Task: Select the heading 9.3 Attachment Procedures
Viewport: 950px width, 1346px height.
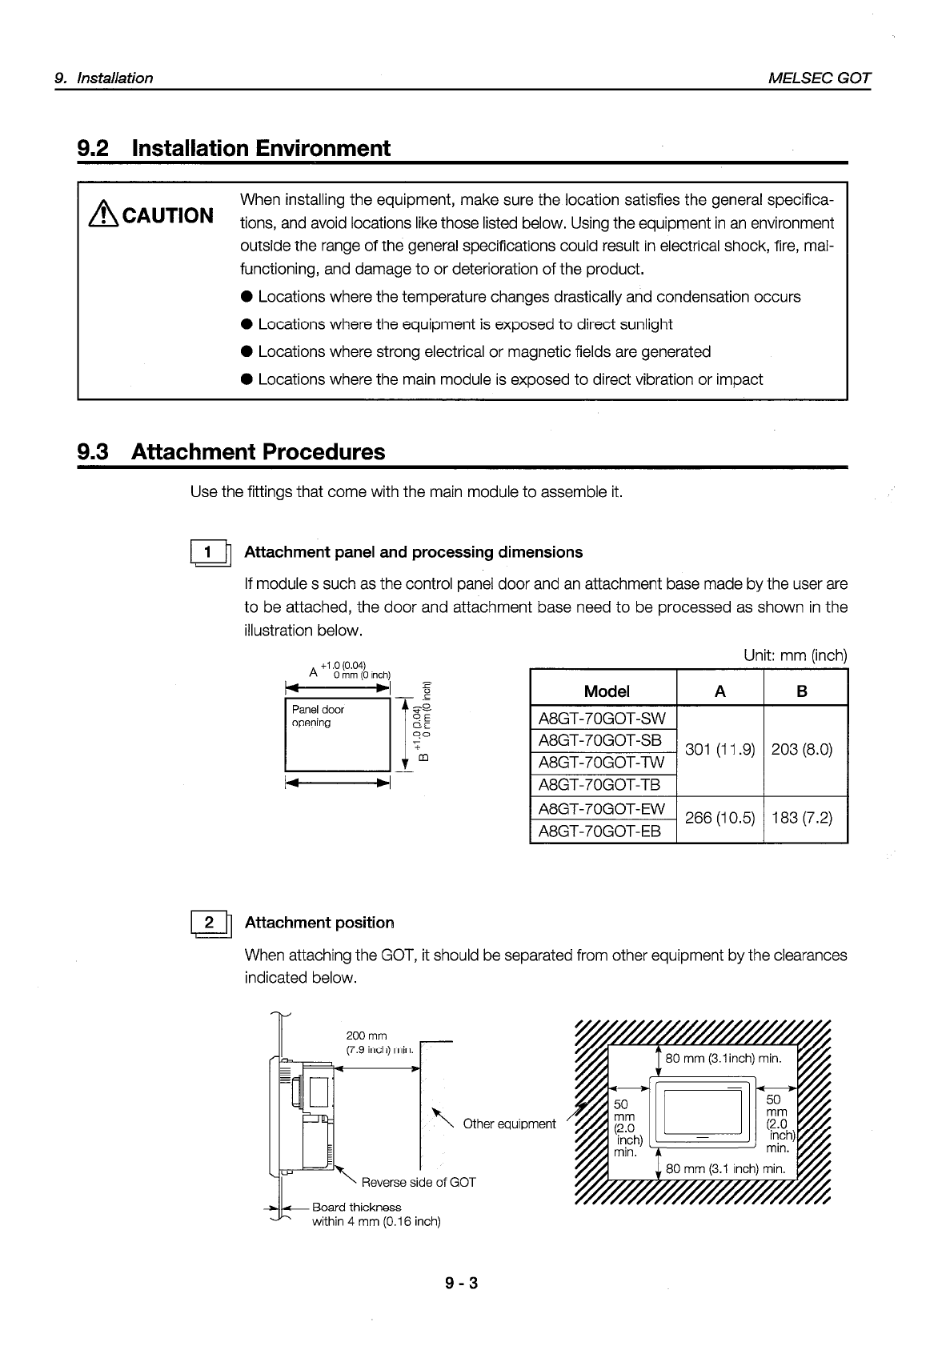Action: [230, 452]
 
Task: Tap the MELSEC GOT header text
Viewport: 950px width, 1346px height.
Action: [819, 78]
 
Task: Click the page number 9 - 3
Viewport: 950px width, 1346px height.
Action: [462, 1284]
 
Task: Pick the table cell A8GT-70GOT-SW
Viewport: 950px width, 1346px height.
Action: [602, 719]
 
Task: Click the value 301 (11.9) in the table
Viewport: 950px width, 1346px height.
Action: [720, 750]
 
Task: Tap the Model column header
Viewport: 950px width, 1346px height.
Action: [607, 691]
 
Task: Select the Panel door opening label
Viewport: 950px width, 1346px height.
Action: [318, 716]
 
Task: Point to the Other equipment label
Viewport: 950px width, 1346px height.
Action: [509, 1124]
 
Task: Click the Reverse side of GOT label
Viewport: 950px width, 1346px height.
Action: [418, 1182]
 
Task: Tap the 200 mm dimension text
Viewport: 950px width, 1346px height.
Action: [367, 1036]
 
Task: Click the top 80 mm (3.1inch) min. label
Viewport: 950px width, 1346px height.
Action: [723, 1059]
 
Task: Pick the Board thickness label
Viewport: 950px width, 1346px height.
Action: [356, 1207]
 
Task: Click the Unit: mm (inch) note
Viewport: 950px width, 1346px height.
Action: [795, 655]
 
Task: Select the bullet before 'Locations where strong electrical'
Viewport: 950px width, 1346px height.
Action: [247, 352]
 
